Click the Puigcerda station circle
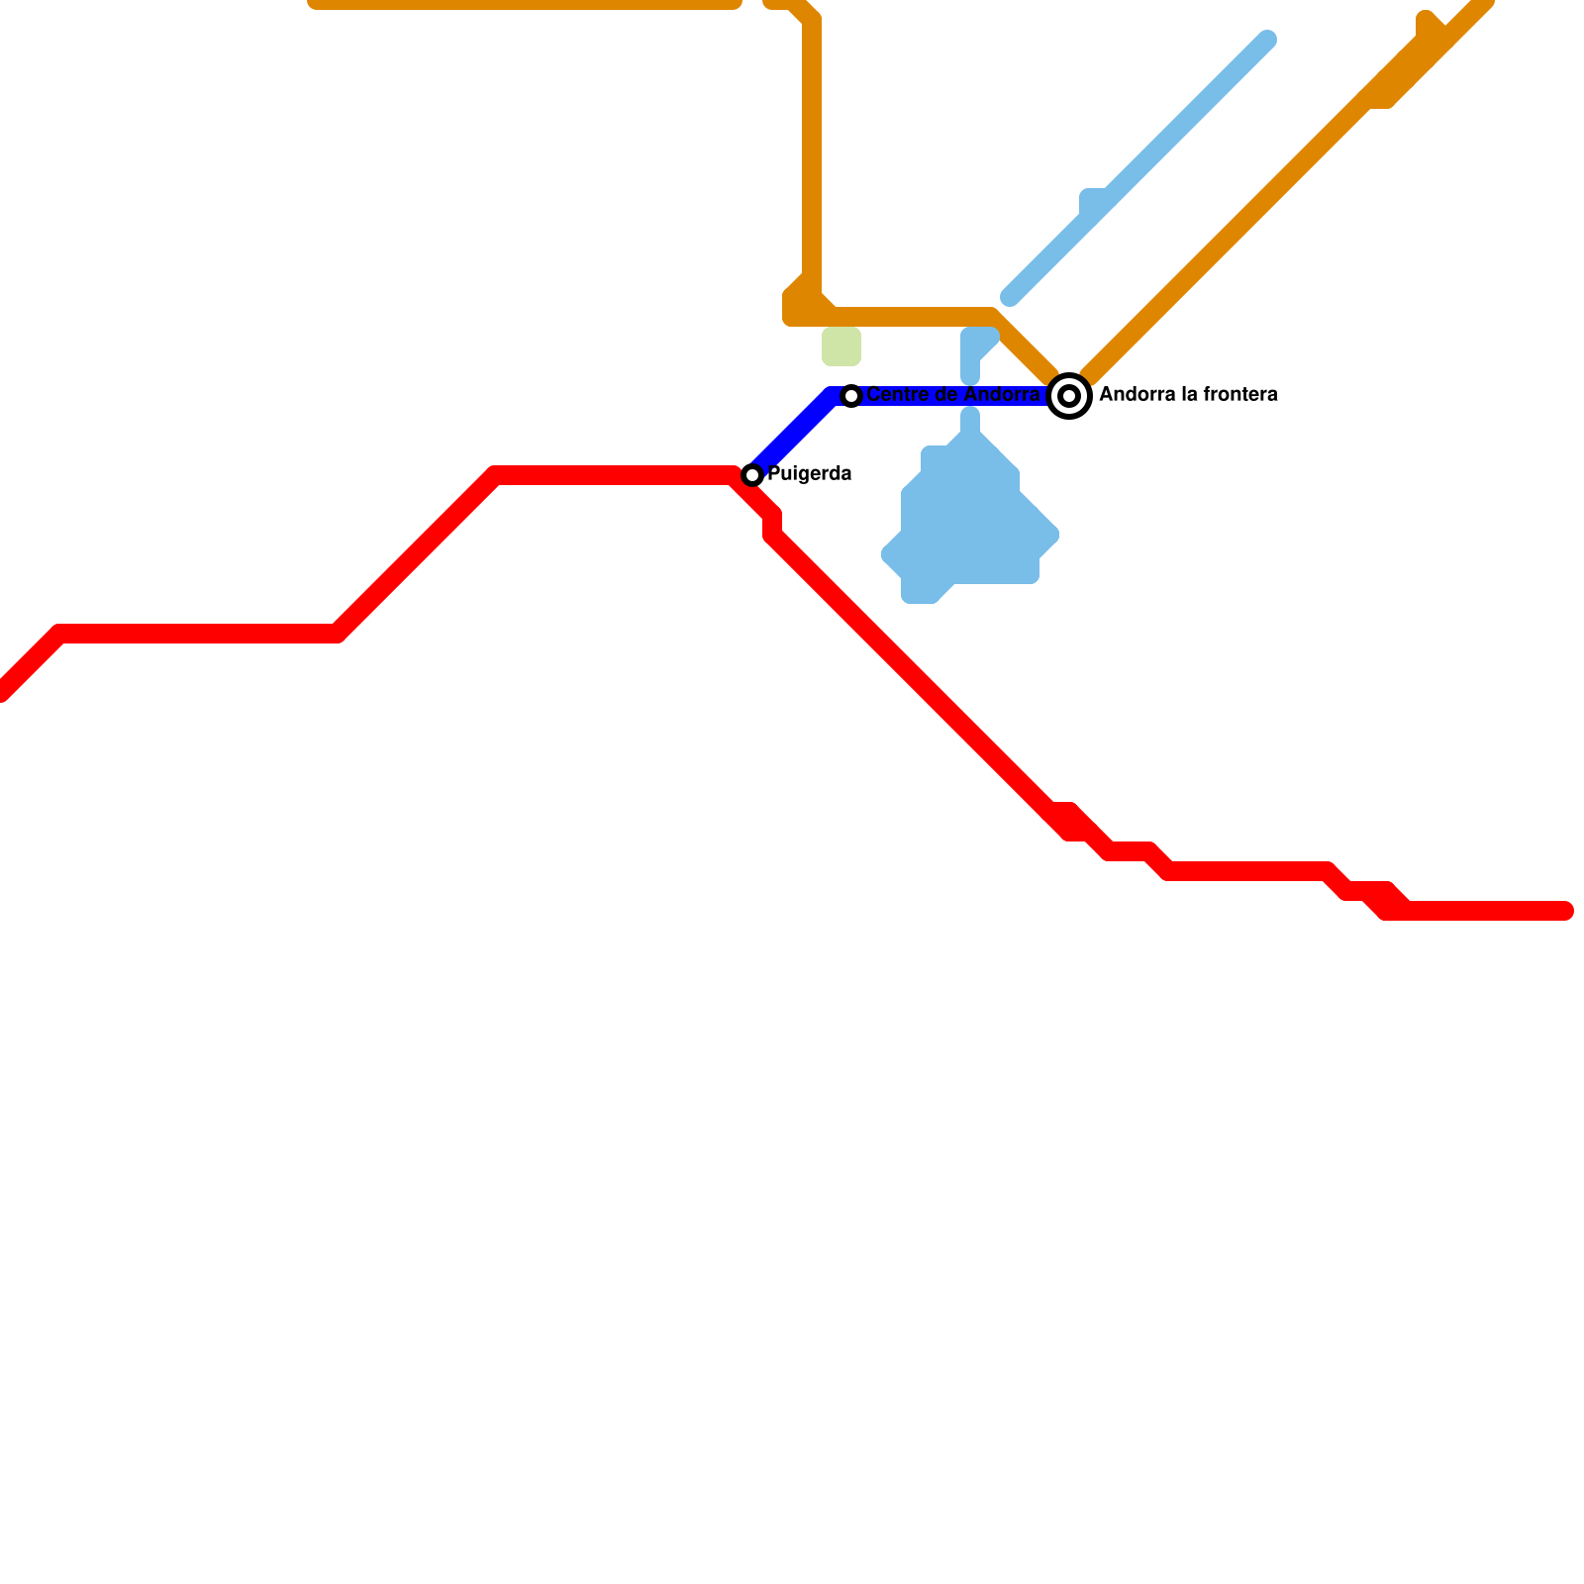click(752, 475)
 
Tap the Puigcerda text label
click(809, 474)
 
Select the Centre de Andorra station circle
click(851, 396)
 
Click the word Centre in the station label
click(897, 395)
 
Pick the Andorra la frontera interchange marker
click(1069, 396)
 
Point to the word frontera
click(1237, 395)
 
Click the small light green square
click(841, 346)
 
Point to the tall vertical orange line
click(812, 148)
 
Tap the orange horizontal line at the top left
click(525, 4)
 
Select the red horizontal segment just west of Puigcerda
click(614, 475)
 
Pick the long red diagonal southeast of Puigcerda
click(911, 673)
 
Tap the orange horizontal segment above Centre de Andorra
click(911, 317)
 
